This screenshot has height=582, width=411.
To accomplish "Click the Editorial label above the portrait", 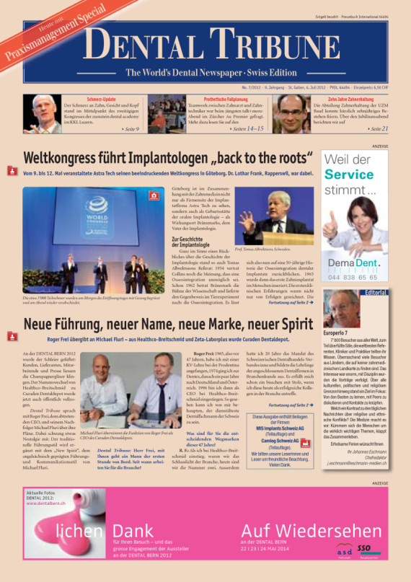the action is click(376, 293).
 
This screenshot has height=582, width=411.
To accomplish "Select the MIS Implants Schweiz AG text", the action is click(280, 427).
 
